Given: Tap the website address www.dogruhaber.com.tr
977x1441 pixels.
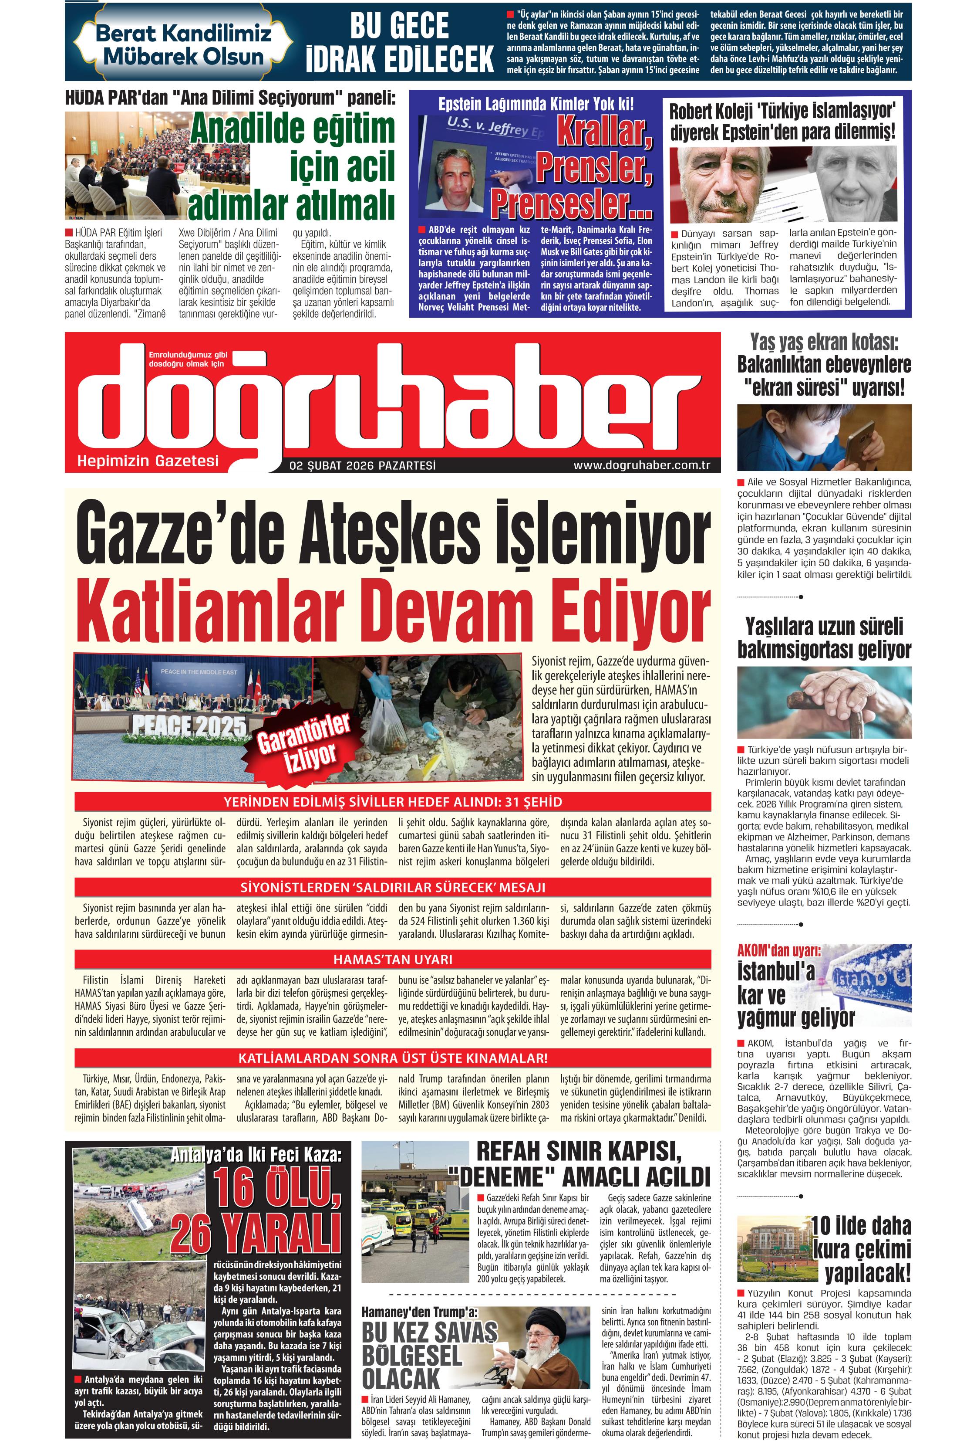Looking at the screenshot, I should (641, 465).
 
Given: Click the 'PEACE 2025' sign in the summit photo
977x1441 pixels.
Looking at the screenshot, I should (189, 726).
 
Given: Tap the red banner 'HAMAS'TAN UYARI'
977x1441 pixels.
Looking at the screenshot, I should (393, 959).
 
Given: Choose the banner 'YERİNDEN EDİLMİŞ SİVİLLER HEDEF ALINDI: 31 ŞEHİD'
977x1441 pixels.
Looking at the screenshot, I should (393, 802).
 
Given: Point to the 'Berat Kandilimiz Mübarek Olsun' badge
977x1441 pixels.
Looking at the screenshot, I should (183, 44).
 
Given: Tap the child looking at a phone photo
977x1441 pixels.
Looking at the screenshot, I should (824, 437).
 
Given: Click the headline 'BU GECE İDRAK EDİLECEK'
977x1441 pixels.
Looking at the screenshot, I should (400, 43).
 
